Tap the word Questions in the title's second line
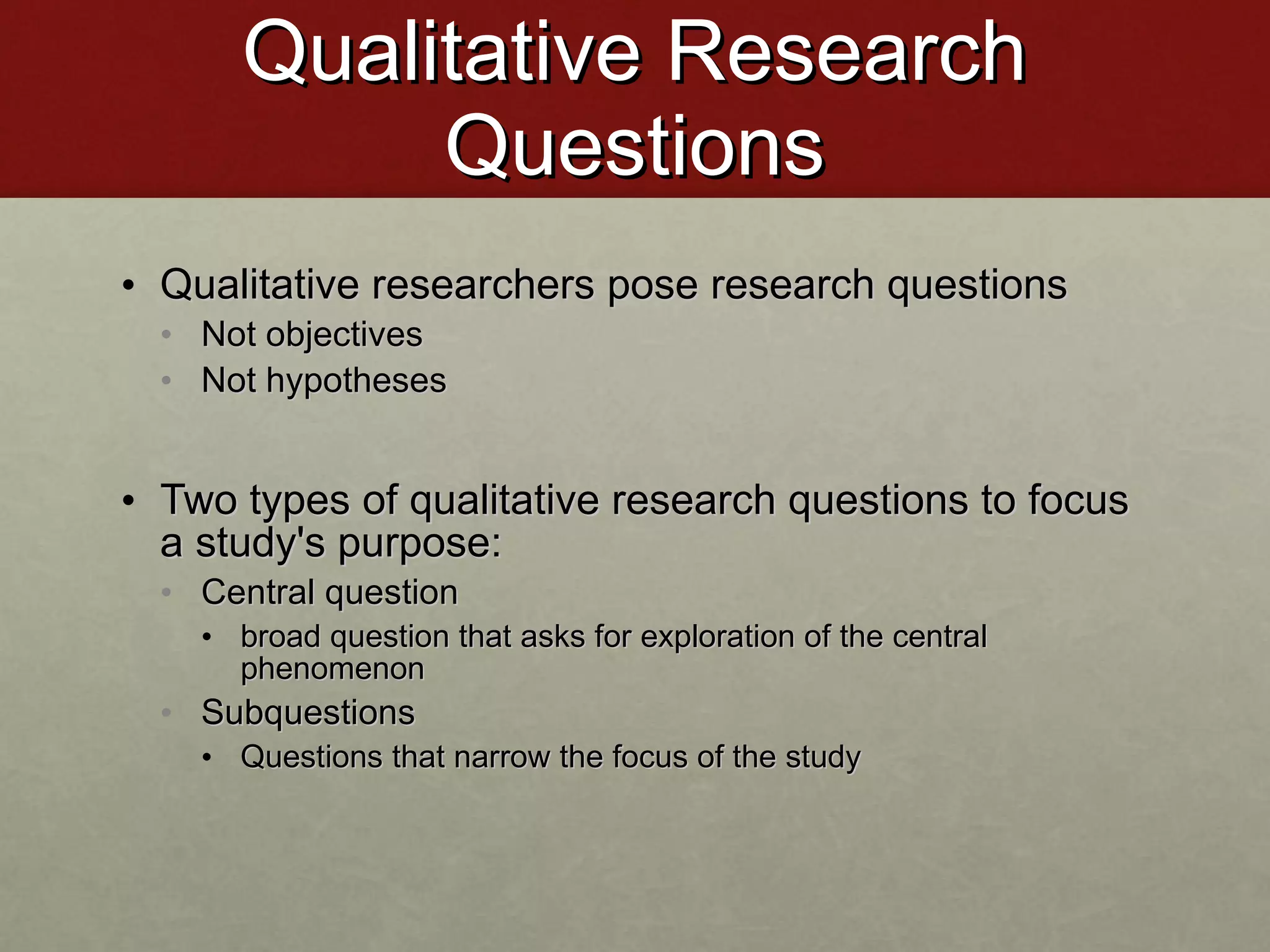tap(634, 147)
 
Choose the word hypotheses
tap(356, 381)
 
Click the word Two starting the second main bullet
tap(198, 500)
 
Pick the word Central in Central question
tap(258, 592)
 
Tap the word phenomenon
tap(332, 669)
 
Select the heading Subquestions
tap(308, 713)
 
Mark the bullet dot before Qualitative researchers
tap(128, 286)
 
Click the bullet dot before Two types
tap(128, 501)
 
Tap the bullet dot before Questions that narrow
tap(208, 757)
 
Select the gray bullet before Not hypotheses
tap(166, 380)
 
